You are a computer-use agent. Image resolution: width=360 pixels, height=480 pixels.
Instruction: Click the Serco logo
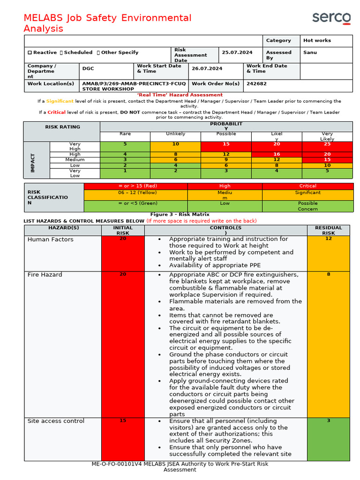point(331,18)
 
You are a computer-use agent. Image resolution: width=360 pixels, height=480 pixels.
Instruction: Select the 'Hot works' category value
point(317,41)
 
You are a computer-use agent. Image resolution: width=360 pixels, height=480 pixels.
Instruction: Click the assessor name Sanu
point(310,52)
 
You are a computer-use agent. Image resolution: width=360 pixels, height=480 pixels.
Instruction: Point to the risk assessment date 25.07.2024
point(237,52)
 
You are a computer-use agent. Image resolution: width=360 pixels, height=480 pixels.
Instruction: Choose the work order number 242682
point(254,84)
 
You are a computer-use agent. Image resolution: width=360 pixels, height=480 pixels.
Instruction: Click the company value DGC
point(88,68)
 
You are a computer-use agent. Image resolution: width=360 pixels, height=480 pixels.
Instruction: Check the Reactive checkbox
point(30,52)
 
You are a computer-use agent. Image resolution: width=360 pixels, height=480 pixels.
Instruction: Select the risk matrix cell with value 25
point(327,144)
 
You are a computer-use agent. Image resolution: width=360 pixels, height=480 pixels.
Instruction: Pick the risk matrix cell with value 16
point(277,154)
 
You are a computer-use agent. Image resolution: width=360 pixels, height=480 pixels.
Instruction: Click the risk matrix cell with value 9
point(226,160)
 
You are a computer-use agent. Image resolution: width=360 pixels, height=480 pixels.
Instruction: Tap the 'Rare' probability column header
point(125,134)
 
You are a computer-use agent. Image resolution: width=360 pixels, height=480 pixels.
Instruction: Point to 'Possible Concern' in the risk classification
point(307,206)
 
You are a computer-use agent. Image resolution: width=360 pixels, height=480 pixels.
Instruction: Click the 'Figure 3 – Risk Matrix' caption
point(180,215)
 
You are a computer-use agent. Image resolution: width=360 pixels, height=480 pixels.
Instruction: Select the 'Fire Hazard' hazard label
point(45,275)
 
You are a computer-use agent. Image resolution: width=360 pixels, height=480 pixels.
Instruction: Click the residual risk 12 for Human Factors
point(328,239)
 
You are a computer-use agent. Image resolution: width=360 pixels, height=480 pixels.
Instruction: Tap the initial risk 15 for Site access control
point(123,421)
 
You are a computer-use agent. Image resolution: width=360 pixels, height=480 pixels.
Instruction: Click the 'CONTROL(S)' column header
point(225,230)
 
